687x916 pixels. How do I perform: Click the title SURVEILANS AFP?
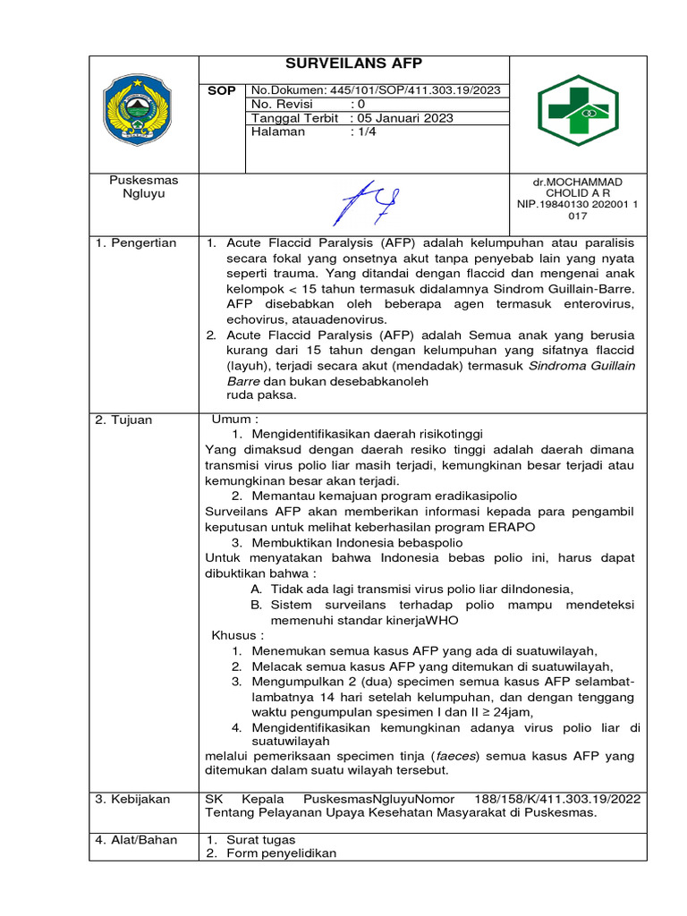tap(353, 64)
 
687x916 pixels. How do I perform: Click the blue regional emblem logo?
tap(143, 110)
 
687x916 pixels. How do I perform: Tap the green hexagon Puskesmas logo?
tap(577, 110)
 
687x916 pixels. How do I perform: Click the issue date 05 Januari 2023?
tap(403, 118)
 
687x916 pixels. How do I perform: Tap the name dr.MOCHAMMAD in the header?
tap(577, 182)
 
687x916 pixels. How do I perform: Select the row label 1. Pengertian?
tap(136, 243)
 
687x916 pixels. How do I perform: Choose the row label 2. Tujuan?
tap(124, 420)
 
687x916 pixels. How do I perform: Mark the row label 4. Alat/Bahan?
tap(136, 840)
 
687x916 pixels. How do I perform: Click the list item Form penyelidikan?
tap(281, 853)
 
